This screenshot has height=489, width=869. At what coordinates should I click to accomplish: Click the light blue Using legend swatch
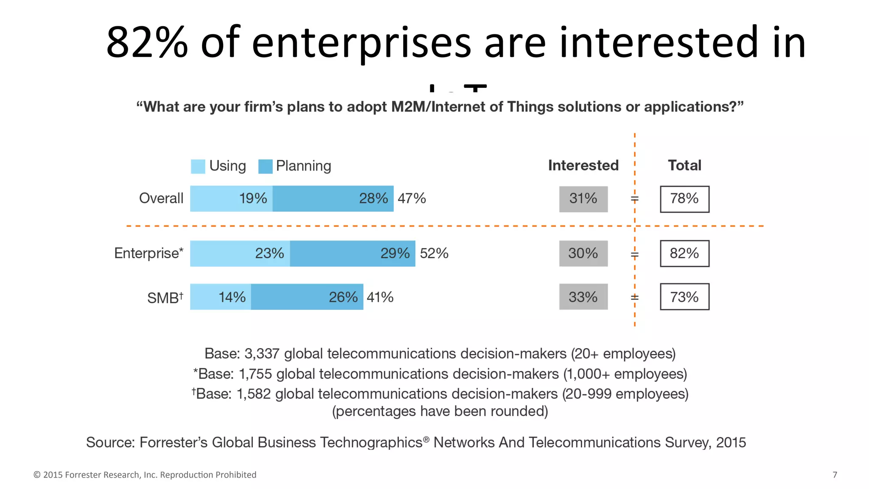point(198,166)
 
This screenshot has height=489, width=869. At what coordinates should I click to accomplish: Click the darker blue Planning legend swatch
point(265,166)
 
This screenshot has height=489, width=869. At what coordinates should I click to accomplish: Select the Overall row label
point(161,198)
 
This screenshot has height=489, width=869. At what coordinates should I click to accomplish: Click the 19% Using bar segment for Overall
point(231,199)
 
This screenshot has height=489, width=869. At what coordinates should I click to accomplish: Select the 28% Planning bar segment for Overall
point(333,199)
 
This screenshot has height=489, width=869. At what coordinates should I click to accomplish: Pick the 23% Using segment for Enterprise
point(240,253)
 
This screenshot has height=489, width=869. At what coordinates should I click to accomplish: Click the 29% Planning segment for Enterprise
point(353,253)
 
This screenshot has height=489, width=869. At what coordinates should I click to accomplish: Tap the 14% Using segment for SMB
point(221,297)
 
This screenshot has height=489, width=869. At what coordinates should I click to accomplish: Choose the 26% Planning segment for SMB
point(307,297)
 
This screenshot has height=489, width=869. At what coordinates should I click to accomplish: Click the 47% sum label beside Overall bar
point(412,198)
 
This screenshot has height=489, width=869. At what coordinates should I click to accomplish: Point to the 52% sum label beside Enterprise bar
point(434,253)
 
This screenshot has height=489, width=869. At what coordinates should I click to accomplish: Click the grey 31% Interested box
point(583,199)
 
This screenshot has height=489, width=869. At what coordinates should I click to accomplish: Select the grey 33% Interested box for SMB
point(583,297)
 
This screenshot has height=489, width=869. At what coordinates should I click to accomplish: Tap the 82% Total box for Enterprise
point(684,253)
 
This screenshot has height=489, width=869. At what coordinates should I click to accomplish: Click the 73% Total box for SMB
point(684,297)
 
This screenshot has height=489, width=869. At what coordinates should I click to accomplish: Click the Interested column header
point(583,165)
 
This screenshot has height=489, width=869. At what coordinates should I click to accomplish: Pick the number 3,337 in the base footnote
point(262,354)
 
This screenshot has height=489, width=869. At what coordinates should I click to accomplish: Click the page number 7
point(835,475)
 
